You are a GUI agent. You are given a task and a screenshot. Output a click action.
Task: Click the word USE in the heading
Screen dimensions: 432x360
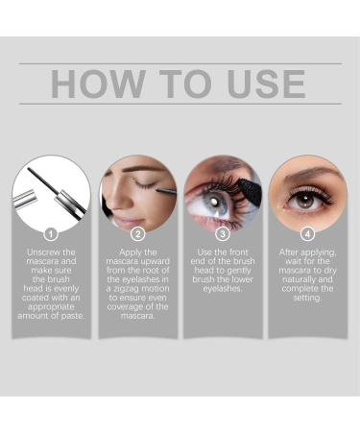coord(261,84)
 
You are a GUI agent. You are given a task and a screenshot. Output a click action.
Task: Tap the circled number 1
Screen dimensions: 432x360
coord(52,232)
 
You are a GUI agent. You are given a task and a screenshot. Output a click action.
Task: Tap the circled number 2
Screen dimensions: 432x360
coord(137,232)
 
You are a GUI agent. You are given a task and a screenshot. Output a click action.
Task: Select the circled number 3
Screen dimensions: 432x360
coord(223,232)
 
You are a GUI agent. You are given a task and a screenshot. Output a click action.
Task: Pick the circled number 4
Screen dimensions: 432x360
coord(307,232)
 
